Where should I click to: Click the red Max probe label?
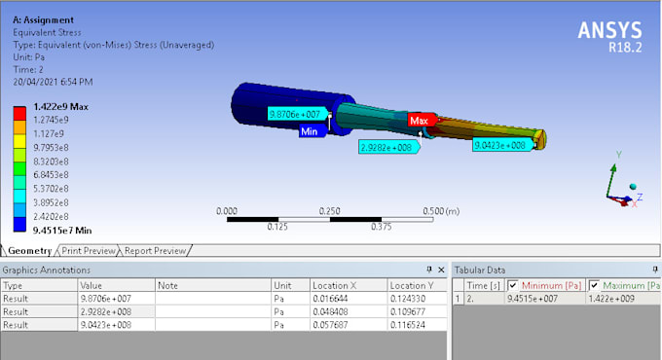click(x=419, y=121)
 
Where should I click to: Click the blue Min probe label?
click(x=310, y=130)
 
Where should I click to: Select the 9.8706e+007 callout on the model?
click(x=294, y=114)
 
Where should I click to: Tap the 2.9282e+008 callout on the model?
click(x=386, y=148)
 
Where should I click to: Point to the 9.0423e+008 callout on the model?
click(x=499, y=145)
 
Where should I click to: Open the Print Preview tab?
click(x=88, y=250)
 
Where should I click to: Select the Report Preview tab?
click(x=155, y=250)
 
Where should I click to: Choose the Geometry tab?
click(x=29, y=250)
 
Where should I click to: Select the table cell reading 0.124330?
click(x=397, y=298)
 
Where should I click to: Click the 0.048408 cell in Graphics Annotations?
click(x=329, y=310)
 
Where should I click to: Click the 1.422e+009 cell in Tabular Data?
click(x=611, y=299)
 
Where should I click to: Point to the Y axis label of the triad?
click(x=620, y=154)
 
